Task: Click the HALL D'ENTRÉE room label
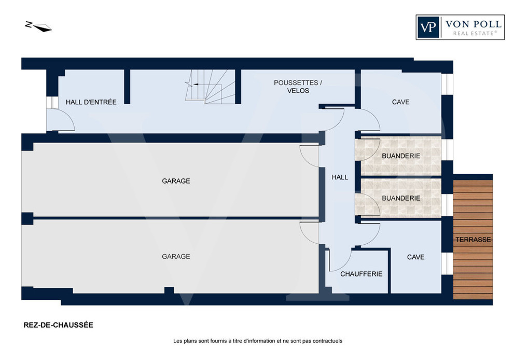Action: tap(91, 102)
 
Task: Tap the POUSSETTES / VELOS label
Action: tap(298, 87)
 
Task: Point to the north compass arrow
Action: tap(39, 26)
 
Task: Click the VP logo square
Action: tap(428, 27)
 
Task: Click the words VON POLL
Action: tap(474, 24)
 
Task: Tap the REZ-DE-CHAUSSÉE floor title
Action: tap(58, 325)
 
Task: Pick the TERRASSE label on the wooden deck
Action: tap(473, 240)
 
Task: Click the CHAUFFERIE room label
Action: tap(361, 274)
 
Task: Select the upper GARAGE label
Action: tap(176, 181)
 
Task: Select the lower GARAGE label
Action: tap(176, 256)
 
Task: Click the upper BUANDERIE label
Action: tap(401, 156)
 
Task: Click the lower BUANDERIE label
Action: tap(401, 198)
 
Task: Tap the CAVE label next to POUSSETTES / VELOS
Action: tap(400, 102)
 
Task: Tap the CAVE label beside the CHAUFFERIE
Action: tap(415, 257)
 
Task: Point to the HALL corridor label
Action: tap(340, 177)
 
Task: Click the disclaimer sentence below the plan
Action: tap(258, 341)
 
